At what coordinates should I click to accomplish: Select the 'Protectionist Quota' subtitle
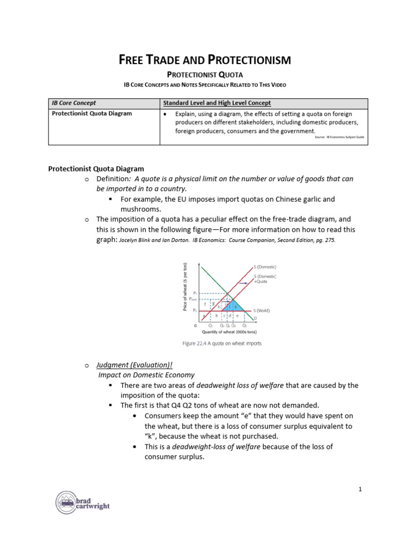(x=205, y=75)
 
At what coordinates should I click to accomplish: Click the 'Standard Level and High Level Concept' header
(x=217, y=103)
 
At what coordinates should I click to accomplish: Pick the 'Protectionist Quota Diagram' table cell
(x=91, y=113)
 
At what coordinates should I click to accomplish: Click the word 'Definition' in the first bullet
(x=114, y=178)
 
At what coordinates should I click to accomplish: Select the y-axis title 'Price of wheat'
(x=185, y=287)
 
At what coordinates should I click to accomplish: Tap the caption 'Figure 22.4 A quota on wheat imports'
(x=222, y=343)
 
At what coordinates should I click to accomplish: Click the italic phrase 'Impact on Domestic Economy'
(x=146, y=375)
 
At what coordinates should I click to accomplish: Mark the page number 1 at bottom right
(x=360, y=489)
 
